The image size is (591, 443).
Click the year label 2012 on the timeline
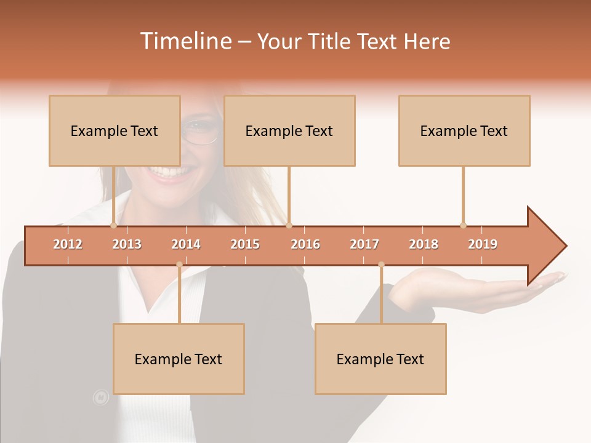68,244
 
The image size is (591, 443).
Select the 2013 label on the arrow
127,244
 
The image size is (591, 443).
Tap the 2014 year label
186,244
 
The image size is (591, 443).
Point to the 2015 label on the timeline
245,244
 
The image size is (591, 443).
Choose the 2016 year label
305,244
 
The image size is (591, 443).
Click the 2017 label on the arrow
364,244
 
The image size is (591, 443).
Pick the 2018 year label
424,244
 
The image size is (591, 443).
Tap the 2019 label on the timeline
483,244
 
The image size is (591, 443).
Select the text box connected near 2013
115,130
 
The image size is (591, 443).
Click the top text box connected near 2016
289,130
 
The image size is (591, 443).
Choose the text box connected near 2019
464,130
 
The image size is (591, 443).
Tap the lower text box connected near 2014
179,359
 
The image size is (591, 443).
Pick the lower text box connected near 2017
380,359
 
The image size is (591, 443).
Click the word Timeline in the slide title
185,41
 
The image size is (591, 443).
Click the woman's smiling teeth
165,172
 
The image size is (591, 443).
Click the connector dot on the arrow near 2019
463,225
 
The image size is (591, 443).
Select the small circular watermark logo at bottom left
100,397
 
